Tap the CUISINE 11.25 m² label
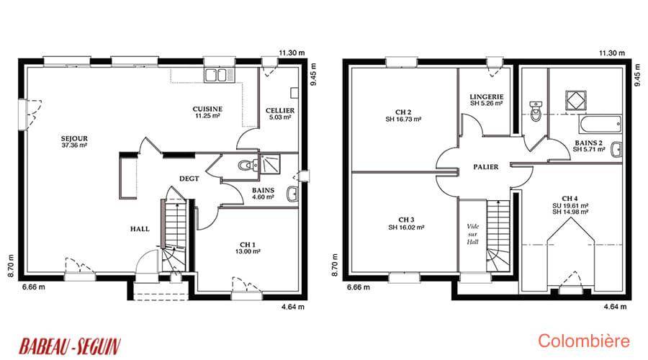tap(207, 112)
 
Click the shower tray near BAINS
tap(269, 163)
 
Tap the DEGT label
tap(189, 179)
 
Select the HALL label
tap(140, 229)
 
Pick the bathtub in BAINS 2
tap(600, 124)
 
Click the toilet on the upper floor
tap(536, 111)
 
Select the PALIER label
tap(485, 167)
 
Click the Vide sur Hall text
tap(472, 234)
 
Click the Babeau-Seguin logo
tap(70, 346)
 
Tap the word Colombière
tap(584, 341)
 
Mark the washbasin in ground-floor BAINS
tap(292, 194)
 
